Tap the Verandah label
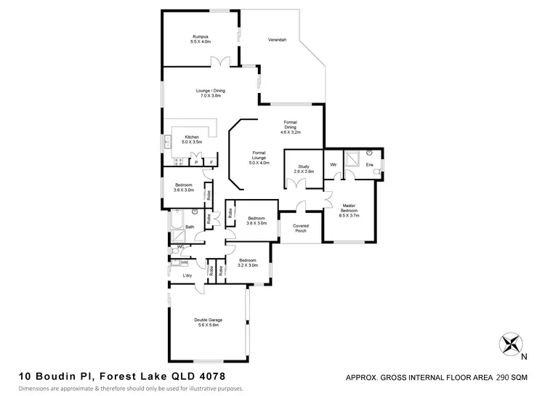[x=276, y=39]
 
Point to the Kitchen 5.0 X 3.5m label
[x=192, y=140]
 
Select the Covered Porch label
[x=301, y=227]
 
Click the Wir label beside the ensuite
[x=333, y=165]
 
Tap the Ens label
[x=369, y=165]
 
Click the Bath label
[x=189, y=227]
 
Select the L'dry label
[x=187, y=276]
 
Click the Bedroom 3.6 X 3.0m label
[x=185, y=187]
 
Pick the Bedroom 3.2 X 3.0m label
[x=248, y=263]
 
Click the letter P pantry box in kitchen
[x=196, y=162]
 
